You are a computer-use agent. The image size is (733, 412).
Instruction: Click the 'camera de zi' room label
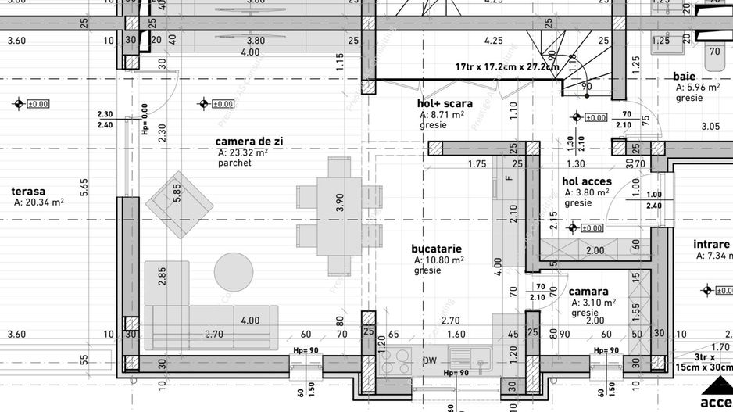248,141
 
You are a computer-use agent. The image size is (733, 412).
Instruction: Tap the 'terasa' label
28,191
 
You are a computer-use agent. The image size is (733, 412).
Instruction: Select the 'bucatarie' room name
436,249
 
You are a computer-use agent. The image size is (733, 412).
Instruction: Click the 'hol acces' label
586,181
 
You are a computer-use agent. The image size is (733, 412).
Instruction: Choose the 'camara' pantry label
588,291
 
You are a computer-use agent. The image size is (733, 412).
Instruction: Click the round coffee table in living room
234,272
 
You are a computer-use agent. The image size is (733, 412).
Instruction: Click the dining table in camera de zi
339,216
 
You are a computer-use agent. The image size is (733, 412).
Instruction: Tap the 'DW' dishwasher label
429,360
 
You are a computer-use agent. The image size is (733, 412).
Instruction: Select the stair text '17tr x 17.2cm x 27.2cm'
506,66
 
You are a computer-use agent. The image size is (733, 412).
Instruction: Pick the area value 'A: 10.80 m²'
438,260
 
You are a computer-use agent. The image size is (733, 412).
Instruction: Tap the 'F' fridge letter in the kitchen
508,178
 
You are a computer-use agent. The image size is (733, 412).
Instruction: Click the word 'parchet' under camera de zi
234,164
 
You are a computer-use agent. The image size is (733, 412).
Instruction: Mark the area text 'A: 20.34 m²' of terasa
38,202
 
